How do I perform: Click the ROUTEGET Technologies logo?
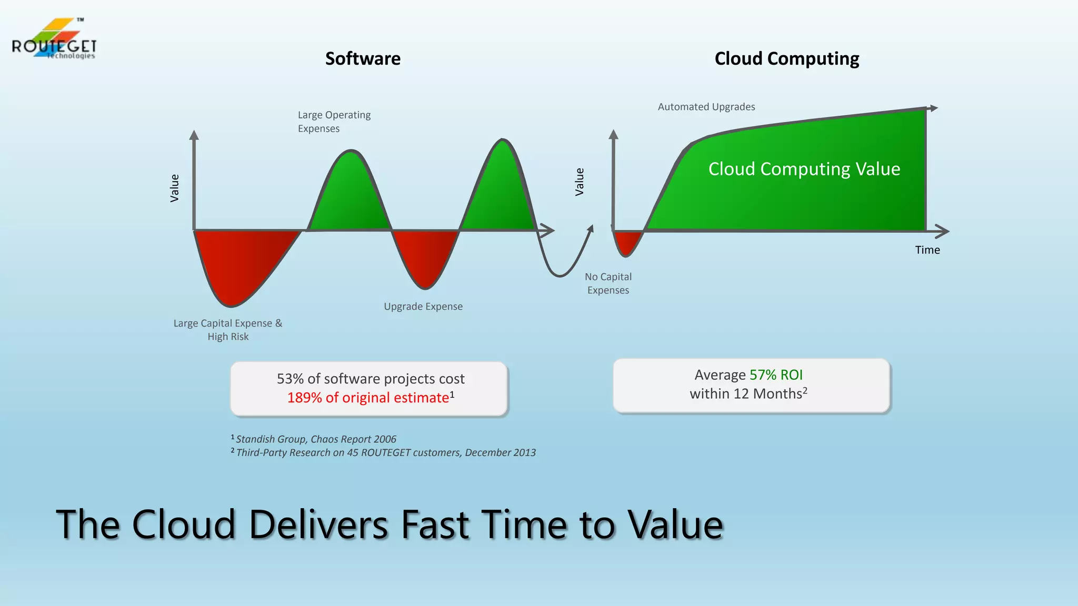coord(54,40)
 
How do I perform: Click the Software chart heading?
coord(363,58)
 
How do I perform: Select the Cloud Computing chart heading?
coord(786,58)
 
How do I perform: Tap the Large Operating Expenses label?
coord(334,122)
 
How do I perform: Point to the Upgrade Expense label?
coord(423,306)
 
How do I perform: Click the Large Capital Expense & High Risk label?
coord(228,330)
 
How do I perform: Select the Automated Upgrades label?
coord(706,107)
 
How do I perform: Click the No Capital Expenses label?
coord(608,284)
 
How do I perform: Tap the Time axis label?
coord(927,250)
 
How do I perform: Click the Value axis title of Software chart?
coord(175,188)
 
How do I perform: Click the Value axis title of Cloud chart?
coord(580,181)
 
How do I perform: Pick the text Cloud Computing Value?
coord(804,169)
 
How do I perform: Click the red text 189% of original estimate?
coord(368,398)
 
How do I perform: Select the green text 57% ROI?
coord(776,375)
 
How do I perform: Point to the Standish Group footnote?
coord(315,439)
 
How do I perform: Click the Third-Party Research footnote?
coord(385,452)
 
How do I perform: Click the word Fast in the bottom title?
coord(434,524)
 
